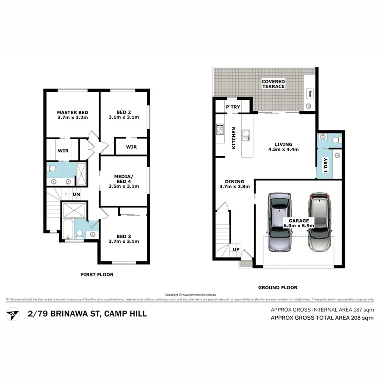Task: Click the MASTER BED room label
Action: [x=72, y=112]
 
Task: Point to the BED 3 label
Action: [x=124, y=235]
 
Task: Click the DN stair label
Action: [x=77, y=194]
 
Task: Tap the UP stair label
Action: [x=236, y=250]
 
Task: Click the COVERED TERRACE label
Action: [x=273, y=83]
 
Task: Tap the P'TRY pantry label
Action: [x=233, y=107]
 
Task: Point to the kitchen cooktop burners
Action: [x=220, y=129]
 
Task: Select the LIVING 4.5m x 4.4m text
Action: [x=283, y=146]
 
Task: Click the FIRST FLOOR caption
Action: [x=97, y=275]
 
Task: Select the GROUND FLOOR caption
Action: [x=277, y=287]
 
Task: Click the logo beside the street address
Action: [x=13, y=315]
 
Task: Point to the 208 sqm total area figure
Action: [x=362, y=318]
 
